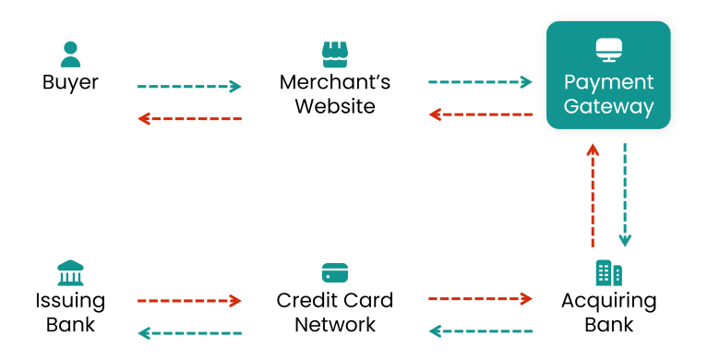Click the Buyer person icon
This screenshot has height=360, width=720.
click(70, 54)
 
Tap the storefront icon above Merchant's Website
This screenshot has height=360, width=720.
click(334, 54)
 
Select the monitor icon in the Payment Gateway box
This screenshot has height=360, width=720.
click(608, 49)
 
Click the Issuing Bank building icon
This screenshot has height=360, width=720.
click(70, 273)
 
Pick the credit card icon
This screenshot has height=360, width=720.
click(334, 273)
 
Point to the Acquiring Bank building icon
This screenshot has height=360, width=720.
click(608, 272)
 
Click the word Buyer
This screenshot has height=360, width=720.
click(70, 82)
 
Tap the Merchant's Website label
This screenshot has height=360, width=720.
click(334, 94)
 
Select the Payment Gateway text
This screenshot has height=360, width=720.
click(608, 94)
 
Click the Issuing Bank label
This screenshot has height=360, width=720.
click(70, 312)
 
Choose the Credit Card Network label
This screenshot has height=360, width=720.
click(334, 312)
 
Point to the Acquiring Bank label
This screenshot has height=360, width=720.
click(608, 312)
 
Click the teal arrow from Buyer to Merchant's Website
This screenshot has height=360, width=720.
click(189, 87)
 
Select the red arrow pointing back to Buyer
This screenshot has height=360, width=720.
click(189, 118)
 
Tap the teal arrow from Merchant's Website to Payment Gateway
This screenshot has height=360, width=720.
click(480, 82)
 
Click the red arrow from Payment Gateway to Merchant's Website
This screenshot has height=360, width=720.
click(480, 114)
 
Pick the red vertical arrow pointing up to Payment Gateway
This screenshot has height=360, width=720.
click(593, 196)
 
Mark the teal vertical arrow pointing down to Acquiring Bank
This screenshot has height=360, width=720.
click(625, 196)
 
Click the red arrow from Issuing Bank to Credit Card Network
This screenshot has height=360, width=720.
click(189, 300)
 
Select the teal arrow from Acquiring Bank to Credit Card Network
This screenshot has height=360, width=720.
click(480, 330)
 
